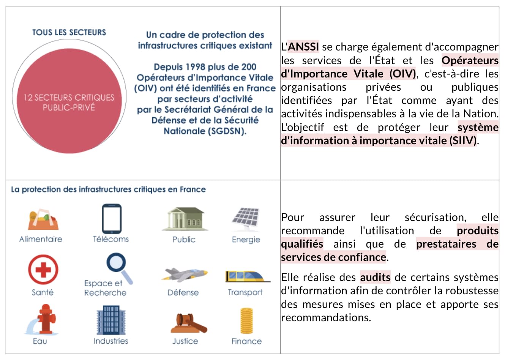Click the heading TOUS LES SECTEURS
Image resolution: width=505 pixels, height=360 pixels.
click(x=69, y=33)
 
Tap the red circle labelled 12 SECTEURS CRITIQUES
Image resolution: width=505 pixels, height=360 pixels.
click(x=69, y=102)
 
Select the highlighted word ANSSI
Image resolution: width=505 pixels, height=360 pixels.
click(x=303, y=47)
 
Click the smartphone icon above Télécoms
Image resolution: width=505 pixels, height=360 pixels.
click(x=112, y=219)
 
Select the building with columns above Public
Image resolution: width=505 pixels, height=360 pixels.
click(x=185, y=219)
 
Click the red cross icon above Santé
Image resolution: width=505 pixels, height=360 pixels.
click(x=43, y=270)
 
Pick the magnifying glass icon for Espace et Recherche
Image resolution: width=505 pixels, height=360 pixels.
click(x=118, y=267)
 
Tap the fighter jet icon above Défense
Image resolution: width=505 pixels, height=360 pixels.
click(x=185, y=274)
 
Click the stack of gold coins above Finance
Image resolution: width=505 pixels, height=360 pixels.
click(x=246, y=321)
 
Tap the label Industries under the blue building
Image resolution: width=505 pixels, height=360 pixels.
click(x=111, y=341)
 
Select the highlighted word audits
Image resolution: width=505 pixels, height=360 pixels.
click(x=375, y=277)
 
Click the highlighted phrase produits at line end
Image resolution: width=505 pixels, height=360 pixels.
click(x=478, y=231)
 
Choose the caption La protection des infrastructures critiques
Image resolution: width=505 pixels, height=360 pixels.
click(x=108, y=189)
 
